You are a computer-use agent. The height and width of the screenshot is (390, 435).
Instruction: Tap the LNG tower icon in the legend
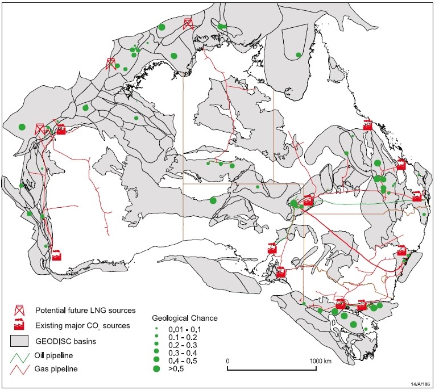pos(20,311)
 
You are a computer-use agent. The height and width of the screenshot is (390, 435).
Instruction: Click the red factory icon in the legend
pos(20,325)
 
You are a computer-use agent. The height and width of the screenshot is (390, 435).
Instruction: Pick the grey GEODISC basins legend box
pos(20,341)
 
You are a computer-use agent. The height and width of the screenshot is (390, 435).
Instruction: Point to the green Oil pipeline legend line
pos(20,356)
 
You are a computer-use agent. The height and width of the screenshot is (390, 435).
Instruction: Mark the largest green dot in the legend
pos(156,369)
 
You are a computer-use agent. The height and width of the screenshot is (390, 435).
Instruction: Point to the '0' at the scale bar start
pos(228,361)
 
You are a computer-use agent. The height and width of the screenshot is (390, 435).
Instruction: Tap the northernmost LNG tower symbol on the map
pos(188,24)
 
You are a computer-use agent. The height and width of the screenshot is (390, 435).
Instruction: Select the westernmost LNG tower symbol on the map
pos(40,129)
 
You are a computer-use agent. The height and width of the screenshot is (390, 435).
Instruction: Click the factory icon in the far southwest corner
pos(56,255)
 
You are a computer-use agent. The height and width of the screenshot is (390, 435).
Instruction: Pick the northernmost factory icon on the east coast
pos(367,125)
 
